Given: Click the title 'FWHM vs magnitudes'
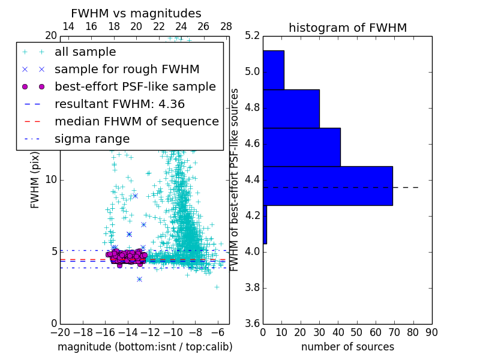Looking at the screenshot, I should point(136,14).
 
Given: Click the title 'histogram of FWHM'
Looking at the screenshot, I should point(347,28).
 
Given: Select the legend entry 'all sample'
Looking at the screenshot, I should point(85,52).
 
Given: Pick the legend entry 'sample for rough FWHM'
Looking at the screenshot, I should point(127,69).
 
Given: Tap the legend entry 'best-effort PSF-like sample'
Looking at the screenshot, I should point(135,86).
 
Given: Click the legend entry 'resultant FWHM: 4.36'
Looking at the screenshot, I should point(119,104).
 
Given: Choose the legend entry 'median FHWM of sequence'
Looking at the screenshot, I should point(136,121).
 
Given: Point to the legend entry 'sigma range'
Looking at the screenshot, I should point(92,139).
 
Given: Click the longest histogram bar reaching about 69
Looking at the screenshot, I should point(328,185).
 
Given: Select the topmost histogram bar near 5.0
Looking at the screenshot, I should point(273,70).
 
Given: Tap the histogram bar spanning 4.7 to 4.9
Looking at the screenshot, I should point(291,109).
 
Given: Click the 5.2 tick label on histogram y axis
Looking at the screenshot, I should point(253,36).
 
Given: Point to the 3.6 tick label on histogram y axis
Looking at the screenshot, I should point(253,323).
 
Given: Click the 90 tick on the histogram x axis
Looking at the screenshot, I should point(432,332).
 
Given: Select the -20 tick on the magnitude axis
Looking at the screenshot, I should point(60,332).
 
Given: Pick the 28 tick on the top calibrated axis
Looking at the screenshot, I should point(226,26).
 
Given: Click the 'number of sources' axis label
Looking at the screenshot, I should point(347,347).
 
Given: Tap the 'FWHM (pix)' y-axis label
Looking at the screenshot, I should point(35,180).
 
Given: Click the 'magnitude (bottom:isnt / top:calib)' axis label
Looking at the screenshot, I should point(145,347).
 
